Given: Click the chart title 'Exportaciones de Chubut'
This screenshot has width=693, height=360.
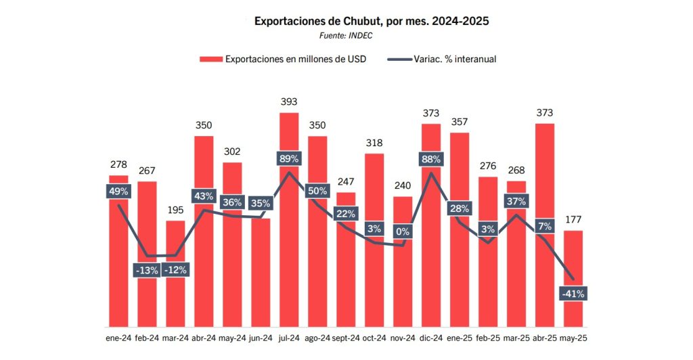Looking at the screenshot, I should (371, 21).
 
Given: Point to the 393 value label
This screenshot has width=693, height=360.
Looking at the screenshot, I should (289, 102).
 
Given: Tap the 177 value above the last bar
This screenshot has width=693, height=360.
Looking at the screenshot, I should (573, 219).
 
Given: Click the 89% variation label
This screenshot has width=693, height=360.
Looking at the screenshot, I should (289, 159).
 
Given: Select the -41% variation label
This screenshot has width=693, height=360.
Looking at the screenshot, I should (573, 294).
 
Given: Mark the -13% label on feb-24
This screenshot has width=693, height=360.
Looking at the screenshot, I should (146, 270).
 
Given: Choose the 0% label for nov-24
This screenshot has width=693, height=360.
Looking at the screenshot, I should (403, 232).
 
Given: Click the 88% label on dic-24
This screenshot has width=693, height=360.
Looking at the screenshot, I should (431, 160).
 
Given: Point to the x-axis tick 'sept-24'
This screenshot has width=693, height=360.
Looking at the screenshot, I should (346, 338).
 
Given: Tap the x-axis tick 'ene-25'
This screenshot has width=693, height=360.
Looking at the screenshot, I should (460, 338).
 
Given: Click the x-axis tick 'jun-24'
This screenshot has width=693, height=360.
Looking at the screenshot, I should (261, 338).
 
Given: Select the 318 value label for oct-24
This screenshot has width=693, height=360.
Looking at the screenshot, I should (374, 143).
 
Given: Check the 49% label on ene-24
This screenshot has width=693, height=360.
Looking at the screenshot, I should (118, 192).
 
